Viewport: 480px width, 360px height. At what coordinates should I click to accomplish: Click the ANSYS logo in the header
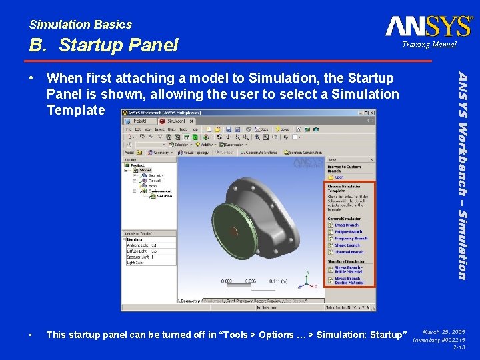click(x=429, y=26)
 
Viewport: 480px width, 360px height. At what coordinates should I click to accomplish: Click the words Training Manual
click(x=429, y=45)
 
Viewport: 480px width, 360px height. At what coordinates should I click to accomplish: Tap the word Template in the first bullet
click(x=75, y=110)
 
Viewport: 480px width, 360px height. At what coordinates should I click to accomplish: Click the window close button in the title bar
click(x=372, y=113)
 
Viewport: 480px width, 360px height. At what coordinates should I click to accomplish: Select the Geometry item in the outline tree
click(x=155, y=175)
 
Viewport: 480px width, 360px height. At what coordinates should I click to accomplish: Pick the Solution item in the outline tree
click(x=163, y=196)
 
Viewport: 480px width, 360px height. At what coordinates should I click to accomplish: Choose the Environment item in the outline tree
click(x=159, y=191)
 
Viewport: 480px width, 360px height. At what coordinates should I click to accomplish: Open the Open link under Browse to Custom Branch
click(x=339, y=177)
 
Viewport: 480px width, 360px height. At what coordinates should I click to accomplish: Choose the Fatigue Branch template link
click(x=348, y=231)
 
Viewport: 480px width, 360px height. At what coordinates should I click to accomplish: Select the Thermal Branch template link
click(x=349, y=252)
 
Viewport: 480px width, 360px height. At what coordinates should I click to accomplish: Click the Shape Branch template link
click(x=347, y=245)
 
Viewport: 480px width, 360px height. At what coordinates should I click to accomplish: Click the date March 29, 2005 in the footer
click(x=445, y=331)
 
